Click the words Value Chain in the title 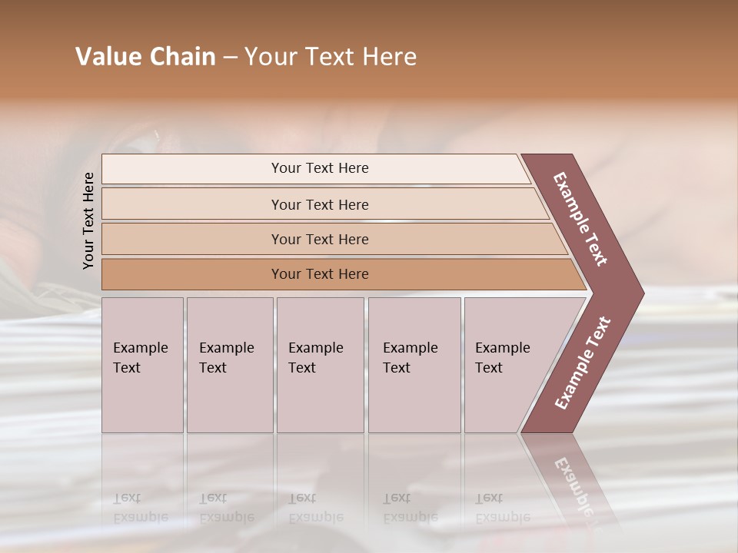145,57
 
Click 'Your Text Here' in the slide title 330,57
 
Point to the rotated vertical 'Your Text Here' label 88,221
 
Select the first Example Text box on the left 142,365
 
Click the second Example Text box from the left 229,365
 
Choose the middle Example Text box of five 320,365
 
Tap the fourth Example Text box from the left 414,365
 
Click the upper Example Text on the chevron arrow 580,219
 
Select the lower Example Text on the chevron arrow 582,363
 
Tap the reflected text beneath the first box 140,508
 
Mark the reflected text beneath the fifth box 502,508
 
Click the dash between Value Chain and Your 230,58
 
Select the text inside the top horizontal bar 320,168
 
